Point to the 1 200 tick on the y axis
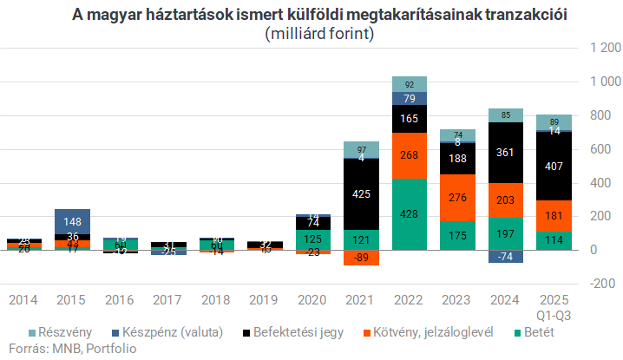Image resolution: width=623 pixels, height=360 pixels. click(x=606, y=49)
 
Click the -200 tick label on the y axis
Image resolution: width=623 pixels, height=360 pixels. click(x=606, y=283)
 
